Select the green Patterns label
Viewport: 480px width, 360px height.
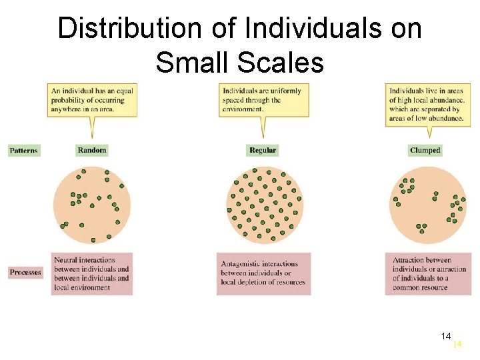pyautogui.click(x=24, y=151)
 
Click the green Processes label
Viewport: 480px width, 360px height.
pyautogui.click(x=25, y=272)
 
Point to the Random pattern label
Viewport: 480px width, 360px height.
pyautogui.click(x=92, y=151)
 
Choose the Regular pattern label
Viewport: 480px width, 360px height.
pyautogui.click(x=262, y=151)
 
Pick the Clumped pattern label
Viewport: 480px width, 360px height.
pyautogui.click(x=425, y=151)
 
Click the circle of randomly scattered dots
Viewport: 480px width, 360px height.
pyautogui.click(x=92, y=204)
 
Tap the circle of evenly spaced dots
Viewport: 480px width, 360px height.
pyautogui.click(x=265, y=204)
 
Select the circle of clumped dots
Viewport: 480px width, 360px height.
pyautogui.click(x=428, y=204)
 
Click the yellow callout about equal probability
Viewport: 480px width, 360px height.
pyautogui.click(x=92, y=101)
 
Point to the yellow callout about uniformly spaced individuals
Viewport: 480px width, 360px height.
pyautogui.click(x=263, y=100)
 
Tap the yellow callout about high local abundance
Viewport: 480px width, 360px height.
pyautogui.click(x=428, y=104)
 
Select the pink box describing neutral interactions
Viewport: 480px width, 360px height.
pyautogui.click(x=92, y=273)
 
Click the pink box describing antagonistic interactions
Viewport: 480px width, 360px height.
pyautogui.click(x=263, y=273)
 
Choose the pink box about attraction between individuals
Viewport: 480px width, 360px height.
pyautogui.click(x=428, y=273)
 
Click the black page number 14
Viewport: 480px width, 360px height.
pyautogui.click(x=446, y=335)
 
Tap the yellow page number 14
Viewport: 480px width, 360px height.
pyautogui.click(x=457, y=345)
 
